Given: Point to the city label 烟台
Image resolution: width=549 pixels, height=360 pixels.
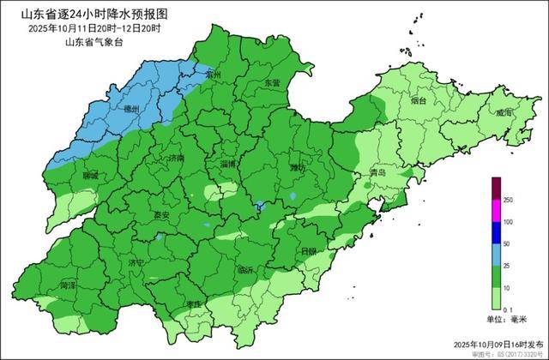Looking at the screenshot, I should point(419,100).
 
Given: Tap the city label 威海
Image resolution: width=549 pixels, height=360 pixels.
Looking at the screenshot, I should point(504,113).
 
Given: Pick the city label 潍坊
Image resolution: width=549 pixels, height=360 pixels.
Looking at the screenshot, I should point(298,167).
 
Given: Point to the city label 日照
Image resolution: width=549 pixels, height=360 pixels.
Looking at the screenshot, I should point(309,251).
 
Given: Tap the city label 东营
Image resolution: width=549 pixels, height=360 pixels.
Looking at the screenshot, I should point(272,83).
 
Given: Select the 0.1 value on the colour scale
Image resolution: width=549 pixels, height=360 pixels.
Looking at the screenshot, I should point(509,309).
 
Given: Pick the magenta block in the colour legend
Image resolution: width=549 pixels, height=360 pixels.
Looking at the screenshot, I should point(496,210).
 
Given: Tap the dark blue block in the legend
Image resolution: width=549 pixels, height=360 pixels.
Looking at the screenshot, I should point(496,232).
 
